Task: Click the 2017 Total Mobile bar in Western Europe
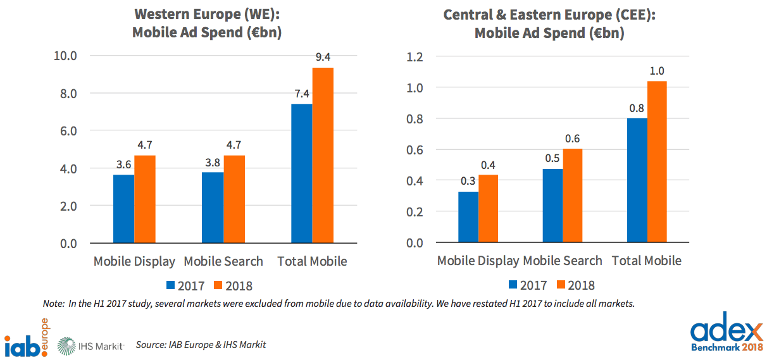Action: tap(302, 173)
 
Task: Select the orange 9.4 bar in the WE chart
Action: tap(323, 156)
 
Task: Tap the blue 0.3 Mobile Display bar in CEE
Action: tap(468, 217)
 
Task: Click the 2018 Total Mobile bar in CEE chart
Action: tap(657, 162)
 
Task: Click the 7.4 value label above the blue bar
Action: tap(301, 93)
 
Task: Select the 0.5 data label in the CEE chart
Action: tap(552, 158)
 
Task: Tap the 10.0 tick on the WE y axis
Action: tap(65, 56)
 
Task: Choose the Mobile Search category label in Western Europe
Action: tap(223, 261)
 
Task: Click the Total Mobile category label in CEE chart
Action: tap(646, 260)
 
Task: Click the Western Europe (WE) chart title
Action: tap(206, 23)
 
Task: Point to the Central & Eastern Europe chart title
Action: tap(549, 23)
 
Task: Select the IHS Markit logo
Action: tap(91, 345)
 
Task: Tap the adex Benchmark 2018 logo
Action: tap(726, 336)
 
